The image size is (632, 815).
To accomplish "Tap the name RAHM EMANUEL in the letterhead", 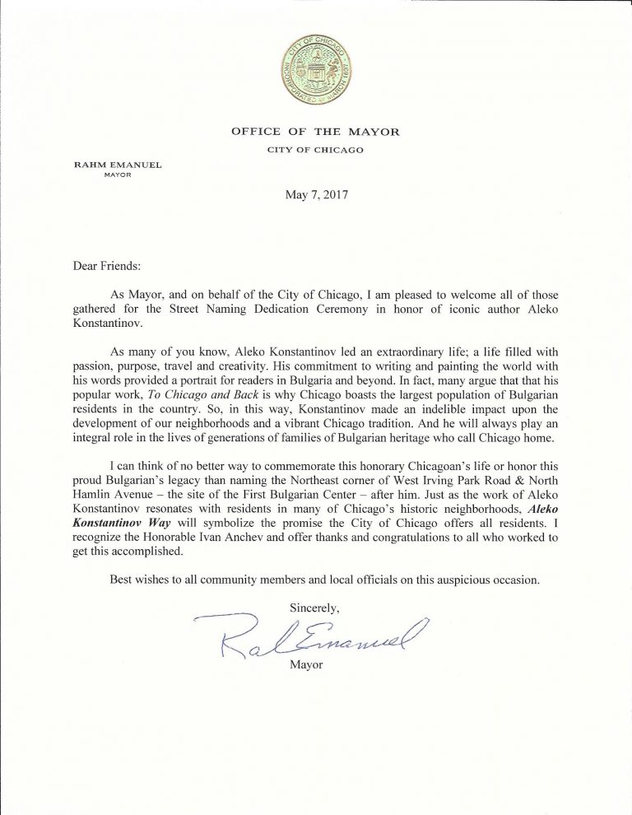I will (x=118, y=165).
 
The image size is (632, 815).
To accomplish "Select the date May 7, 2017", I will (x=315, y=195).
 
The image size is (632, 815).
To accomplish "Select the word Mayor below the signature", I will (x=307, y=664).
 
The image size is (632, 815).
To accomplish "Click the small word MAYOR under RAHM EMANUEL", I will (x=118, y=175).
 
